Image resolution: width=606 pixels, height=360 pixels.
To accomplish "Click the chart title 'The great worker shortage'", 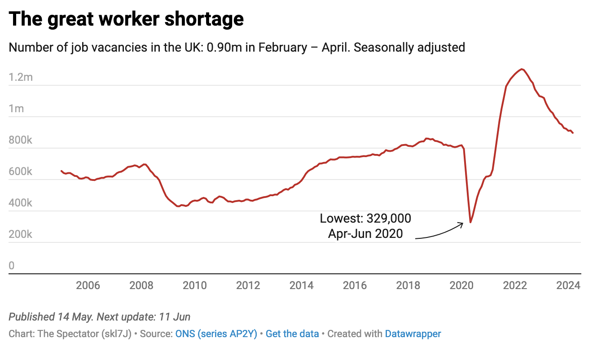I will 126,19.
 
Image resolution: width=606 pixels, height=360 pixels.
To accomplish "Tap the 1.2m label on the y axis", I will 21,77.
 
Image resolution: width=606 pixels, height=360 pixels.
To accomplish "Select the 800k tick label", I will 21,140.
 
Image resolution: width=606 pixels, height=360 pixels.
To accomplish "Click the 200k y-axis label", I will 21,234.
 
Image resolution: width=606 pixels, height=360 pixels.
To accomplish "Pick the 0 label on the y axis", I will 12,266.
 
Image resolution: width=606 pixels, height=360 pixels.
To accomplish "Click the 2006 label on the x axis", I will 88,285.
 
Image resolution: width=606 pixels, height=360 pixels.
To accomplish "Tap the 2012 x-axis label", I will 248,285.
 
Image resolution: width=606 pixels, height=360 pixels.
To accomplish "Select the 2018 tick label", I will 408,285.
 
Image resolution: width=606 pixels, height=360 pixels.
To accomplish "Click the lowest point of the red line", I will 470,222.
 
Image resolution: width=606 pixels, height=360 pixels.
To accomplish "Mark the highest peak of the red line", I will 521,69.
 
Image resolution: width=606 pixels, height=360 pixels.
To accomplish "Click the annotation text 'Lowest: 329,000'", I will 365,219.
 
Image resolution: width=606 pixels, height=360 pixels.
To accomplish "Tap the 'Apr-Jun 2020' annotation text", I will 365,233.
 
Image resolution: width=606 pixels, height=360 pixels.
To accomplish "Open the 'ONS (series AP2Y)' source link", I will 216,334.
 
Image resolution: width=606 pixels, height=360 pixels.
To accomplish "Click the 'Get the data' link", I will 292,334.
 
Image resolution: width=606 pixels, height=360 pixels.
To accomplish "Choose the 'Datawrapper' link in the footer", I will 413,334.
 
